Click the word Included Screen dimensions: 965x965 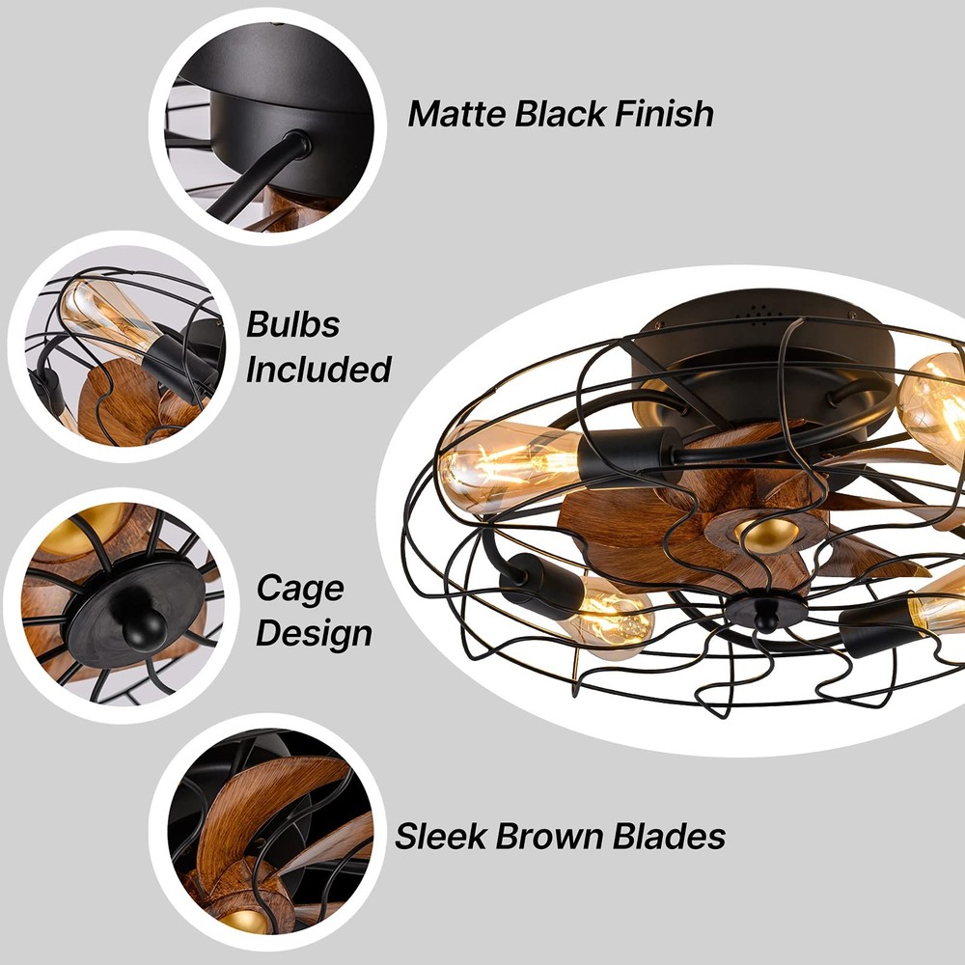(x=318, y=369)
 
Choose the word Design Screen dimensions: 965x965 (x=314, y=633)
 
